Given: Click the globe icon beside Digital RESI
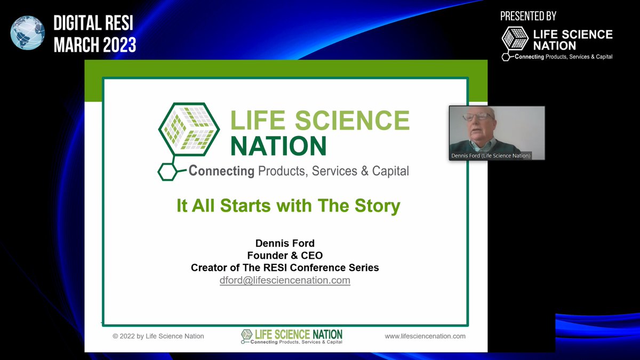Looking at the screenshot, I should (28, 33).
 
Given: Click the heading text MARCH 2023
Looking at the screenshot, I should (95, 45).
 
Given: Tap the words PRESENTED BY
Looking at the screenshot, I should (528, 17).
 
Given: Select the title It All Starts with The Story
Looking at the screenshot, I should (288, 206).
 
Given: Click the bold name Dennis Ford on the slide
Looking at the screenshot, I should (285, 244).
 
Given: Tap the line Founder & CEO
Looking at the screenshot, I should (285, 255).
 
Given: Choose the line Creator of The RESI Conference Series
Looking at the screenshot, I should (285, 268).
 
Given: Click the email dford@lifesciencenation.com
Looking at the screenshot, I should (285, 280).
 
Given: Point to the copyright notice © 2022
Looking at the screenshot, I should (158, 336).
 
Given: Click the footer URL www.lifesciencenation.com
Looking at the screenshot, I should (425, 336).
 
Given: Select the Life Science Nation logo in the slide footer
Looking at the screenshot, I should (292, 337).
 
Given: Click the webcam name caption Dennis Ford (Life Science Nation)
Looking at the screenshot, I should (490, 156).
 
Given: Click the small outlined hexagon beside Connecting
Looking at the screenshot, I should (167, 171).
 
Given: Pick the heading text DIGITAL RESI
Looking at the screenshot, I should (93, 24).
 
